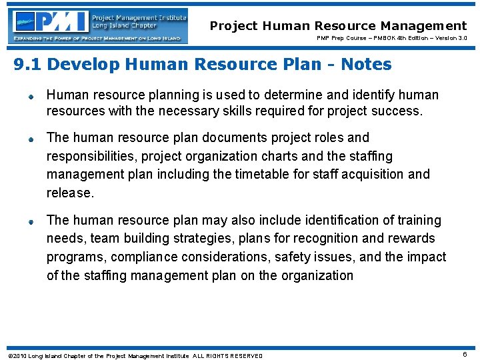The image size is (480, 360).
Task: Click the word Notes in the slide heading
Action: pos(366,65)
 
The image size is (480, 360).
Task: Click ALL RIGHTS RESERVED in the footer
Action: pos(228,356)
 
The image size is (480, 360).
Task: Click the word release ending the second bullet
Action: pos(69,193)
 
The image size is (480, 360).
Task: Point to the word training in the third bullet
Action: pos(416,220)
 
